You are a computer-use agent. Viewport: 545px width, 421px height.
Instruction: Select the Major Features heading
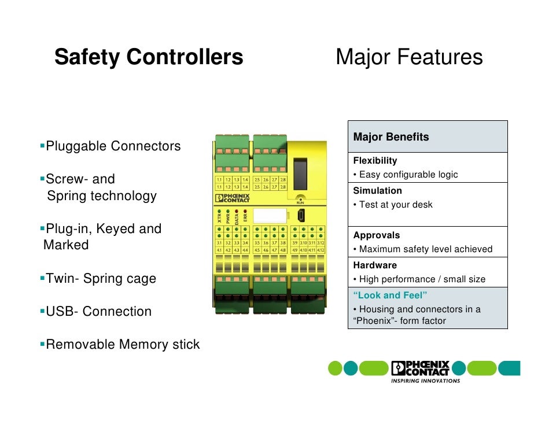(x=408, y=58)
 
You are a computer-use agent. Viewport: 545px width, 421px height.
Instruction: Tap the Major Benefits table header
(x=391, y=137)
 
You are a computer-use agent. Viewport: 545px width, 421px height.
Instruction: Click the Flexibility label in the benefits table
(x=375, y=161)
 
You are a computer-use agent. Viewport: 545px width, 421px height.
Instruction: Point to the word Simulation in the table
(x=377, y=191)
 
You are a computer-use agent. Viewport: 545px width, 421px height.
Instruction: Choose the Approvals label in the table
(x=376, y=235)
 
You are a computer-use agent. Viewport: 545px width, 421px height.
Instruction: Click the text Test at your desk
(x=396, y=205)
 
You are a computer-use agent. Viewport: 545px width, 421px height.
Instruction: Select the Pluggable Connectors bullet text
(x=113, y=146)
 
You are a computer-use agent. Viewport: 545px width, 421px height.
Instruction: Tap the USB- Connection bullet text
(x=98, y=312)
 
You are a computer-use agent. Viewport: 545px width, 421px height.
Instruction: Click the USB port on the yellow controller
(x=301, y=216)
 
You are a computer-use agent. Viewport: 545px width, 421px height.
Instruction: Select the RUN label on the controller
(x=300, y=203)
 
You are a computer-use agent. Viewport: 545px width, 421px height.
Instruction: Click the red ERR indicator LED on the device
(x=245, y=212)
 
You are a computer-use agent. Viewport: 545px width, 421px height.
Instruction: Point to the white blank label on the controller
(x=270, y=216)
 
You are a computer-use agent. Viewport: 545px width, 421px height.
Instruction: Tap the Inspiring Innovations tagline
(x=425, y=381)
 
